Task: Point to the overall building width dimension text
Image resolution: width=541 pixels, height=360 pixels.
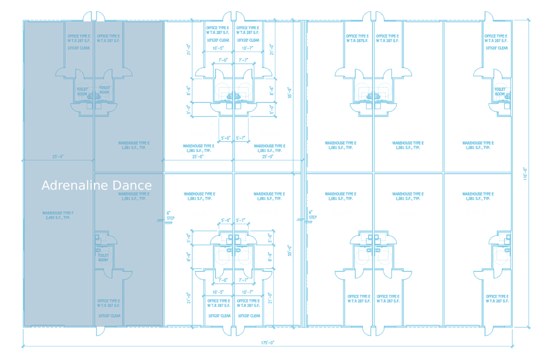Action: click(x=268, y=342)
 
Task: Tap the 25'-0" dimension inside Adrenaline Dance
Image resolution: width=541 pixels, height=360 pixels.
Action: click(x=58, y=156)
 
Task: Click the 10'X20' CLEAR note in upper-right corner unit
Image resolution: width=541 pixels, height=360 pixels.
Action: click(x=497, y=48)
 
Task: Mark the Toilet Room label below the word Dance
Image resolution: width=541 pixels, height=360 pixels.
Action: click(x=104, y=257)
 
